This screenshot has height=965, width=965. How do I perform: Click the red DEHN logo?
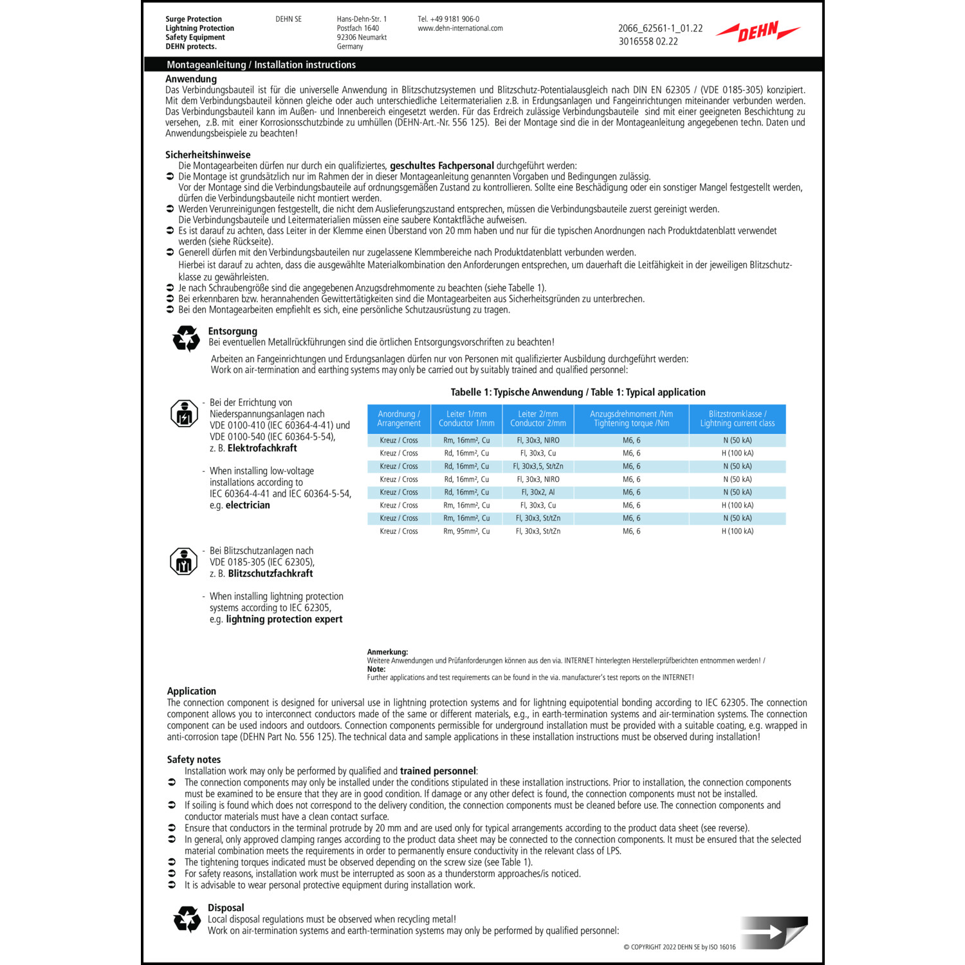[758, 31]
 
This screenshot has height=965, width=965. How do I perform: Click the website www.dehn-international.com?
[460, 28]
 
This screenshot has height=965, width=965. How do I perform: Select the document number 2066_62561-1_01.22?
[660, 28]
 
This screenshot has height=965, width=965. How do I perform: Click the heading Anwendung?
[191, 79]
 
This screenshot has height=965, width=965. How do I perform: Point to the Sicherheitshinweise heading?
[208, 154]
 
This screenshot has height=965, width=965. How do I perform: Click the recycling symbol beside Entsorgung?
[187, 338]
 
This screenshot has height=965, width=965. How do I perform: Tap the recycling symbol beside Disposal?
[187, 919]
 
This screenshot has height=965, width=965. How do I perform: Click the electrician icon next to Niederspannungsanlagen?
[184, 414]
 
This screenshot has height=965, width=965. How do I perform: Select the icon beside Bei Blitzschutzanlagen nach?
[184, 562]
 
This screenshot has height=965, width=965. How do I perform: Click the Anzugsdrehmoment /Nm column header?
[631, 419]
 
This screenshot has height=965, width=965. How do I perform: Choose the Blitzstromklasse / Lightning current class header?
[737, 419]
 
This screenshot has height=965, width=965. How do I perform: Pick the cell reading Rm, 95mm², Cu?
[466, 531]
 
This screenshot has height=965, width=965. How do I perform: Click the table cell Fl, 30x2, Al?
[538, 492]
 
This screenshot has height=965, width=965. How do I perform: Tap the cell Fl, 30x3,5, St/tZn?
[538, 466]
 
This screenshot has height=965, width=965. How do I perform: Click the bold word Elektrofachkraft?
[262, 448]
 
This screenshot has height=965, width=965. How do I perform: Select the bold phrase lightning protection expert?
[284, 620]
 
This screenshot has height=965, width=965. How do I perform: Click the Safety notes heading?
[194, 760]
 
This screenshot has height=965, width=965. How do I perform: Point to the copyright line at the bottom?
[679, 947]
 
